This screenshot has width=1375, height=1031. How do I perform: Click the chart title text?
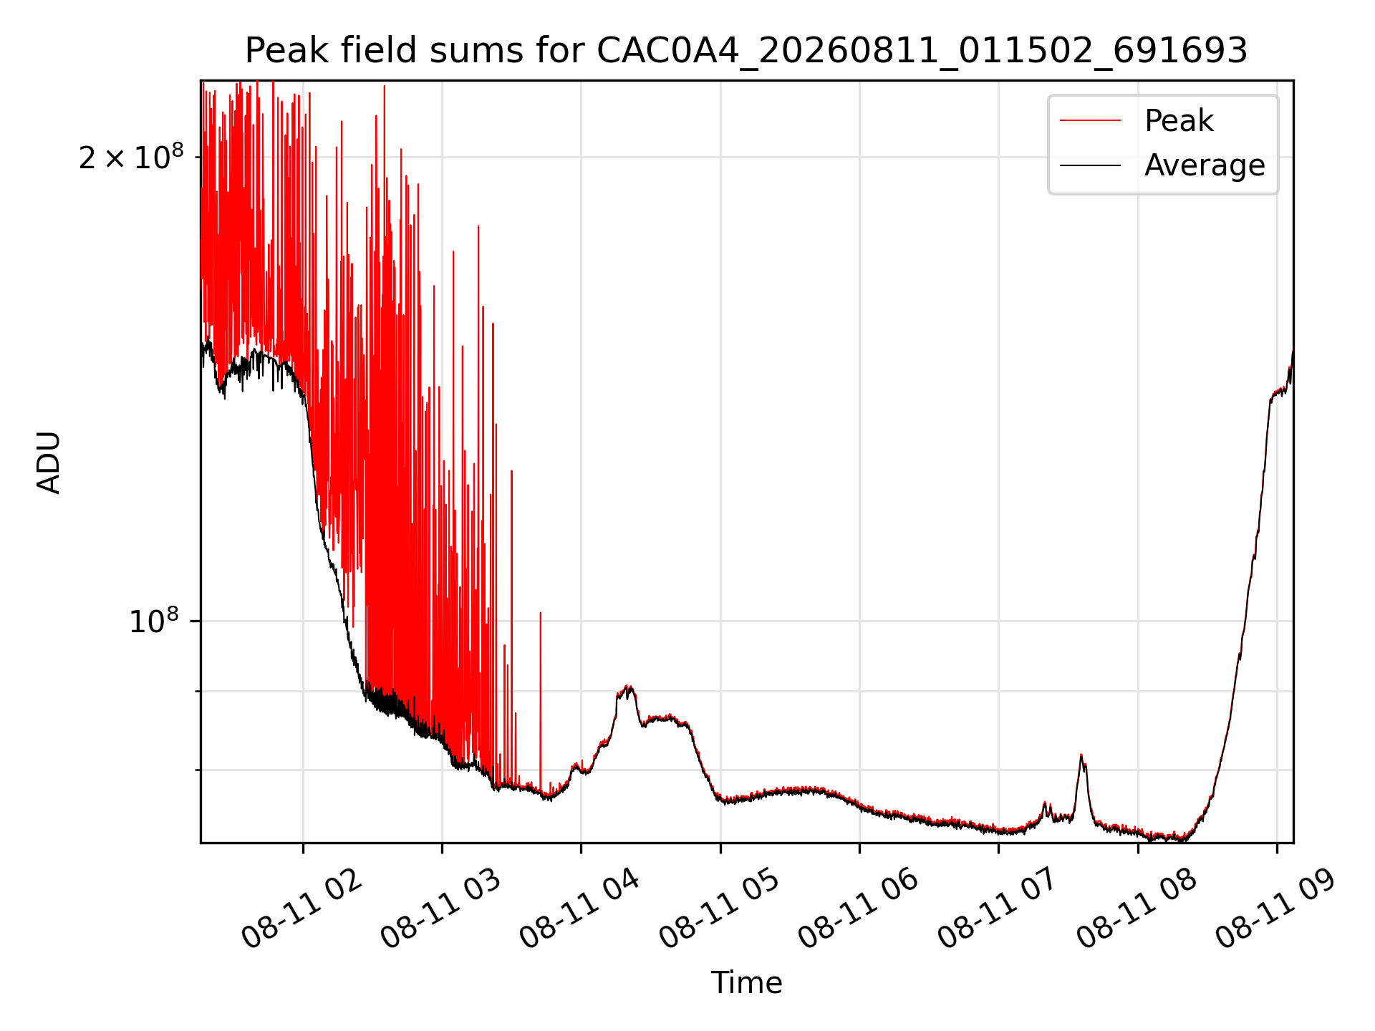(x=746, y=51)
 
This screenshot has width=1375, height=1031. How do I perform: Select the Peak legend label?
(x=1179, y=121)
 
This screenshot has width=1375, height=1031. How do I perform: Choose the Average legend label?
(x=1205, y=165)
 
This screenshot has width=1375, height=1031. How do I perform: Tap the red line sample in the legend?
(x=1090, y=121)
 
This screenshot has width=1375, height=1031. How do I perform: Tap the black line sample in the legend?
(x=1090, y=165)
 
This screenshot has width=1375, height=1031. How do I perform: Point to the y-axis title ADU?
(x=49, y=462)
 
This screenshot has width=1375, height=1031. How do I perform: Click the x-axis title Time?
(x=746, y=982)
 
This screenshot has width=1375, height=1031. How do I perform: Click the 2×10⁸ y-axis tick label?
(x=131, y=157)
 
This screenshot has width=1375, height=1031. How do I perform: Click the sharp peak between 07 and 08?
(x=1081, y=756)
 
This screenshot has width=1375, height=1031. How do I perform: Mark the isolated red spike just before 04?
(x=541, y=613)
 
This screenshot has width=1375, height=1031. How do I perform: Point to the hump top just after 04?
(x=628, y=687)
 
